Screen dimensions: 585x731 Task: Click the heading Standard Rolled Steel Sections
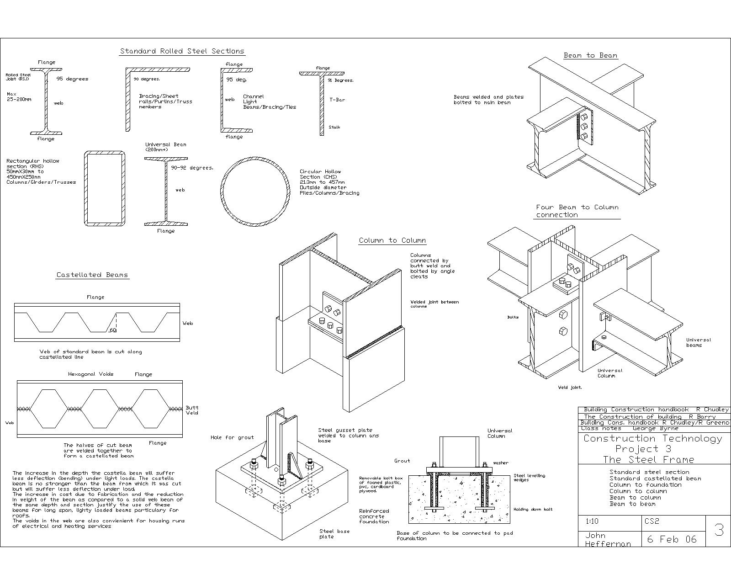click(182, 51)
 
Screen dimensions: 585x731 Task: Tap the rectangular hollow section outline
click(105, 188)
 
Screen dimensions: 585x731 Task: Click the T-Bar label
click(337, 100)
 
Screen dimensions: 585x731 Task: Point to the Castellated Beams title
click(92, 275)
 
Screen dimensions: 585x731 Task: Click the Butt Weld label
click(192, 410)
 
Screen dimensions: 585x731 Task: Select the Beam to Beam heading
click(590, 55)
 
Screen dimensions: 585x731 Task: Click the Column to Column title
click(392, 240)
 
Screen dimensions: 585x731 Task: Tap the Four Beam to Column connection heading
click(577, 211)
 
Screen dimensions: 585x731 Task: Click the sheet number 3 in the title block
click(719, 530)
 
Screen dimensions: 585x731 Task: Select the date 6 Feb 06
click(671, 539)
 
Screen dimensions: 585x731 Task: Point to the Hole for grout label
click(232, 437)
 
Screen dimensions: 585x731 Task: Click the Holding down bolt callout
click(533, 509)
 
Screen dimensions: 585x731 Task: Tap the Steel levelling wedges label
click(529, 478)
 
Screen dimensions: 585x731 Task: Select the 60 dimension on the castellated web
click(113, 330)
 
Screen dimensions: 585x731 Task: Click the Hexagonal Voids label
click(90, 374)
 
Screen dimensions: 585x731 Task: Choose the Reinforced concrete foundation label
click(374, 516)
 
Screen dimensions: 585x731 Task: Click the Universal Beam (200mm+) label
click(165, 147)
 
